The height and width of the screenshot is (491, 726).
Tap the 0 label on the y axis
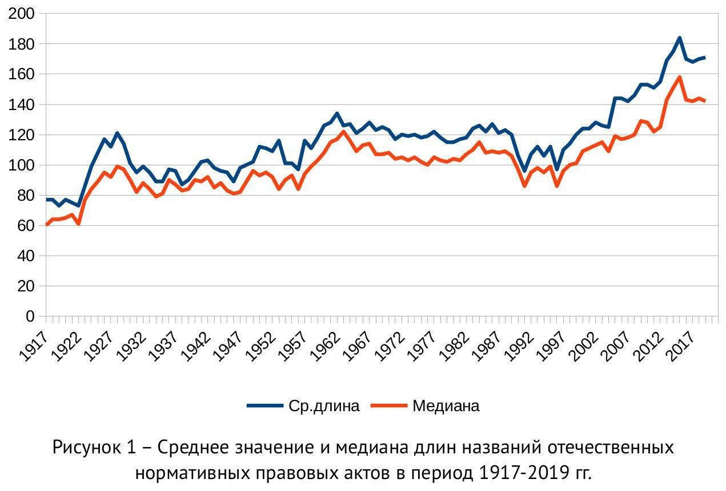tap(31, 316)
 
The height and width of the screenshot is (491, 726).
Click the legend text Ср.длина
tap(324, 406)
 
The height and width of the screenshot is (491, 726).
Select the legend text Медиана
tap(446, 406)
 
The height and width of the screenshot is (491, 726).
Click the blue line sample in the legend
tap(265, 406)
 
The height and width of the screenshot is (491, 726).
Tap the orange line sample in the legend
tap(388, 406)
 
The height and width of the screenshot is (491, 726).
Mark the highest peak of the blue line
tap(679, 38)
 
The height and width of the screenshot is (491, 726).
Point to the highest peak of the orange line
tap(679, 77)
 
